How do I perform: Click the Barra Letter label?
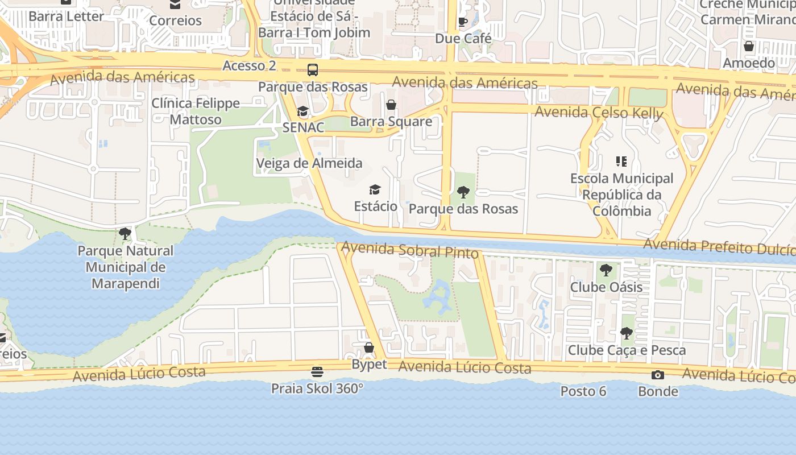click(67, 16)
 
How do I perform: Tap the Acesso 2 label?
click(249, 65)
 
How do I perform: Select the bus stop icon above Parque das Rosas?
click(313, 70)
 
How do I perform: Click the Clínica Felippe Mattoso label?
click(196, 111)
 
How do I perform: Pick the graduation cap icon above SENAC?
click(303, 111)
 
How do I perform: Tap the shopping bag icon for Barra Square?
click(391, 105)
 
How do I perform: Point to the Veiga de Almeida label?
click(309, 163)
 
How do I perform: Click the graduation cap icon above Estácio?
click(375, 189)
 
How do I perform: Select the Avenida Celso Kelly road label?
click(599, 113)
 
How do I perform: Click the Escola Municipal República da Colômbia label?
click(621, 195)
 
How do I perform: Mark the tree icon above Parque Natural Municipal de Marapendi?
click(125, 233)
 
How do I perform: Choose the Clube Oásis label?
click(606, 287)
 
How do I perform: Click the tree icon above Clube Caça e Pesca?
click(626, 333)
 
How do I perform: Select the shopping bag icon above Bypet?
click(369, 348)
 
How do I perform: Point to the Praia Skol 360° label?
click(317, 388)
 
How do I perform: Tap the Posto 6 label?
click(583, 391)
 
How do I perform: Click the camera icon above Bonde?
click(658, 375)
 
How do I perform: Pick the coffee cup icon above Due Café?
click(463, 22)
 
